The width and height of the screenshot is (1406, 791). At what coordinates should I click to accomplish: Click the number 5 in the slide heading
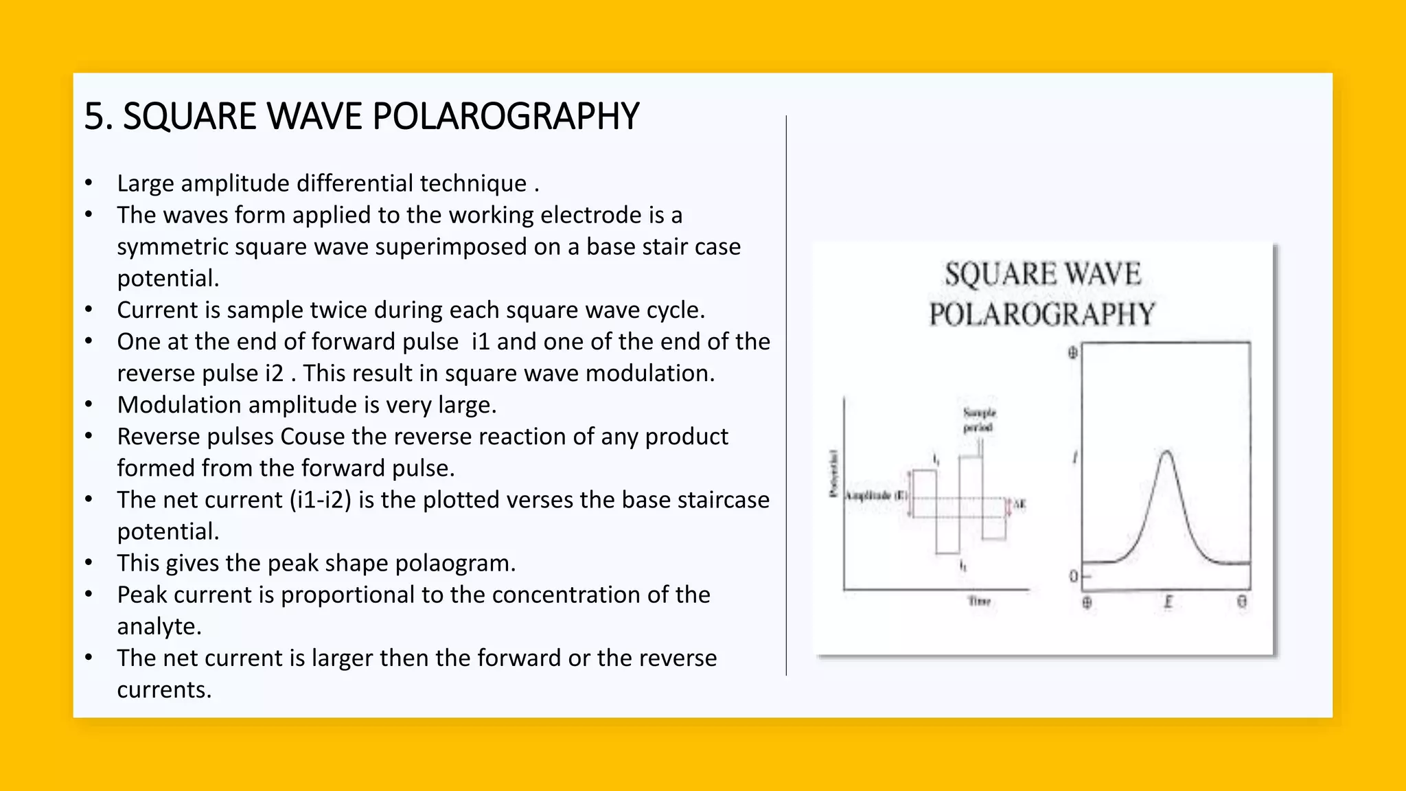[x=94, y=117]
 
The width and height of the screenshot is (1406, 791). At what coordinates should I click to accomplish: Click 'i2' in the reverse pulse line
[x=274, y=374]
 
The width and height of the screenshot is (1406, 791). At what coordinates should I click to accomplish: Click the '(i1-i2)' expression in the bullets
[x=321, y=500]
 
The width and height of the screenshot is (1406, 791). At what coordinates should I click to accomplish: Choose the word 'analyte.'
[x=159, y=626]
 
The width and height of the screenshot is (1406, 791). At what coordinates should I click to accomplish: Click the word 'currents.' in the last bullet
[x=164, y=689]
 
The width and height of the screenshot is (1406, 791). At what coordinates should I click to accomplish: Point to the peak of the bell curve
[x=1166, y=452]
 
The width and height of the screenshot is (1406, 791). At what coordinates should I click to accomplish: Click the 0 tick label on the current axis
[x=1073, y=577]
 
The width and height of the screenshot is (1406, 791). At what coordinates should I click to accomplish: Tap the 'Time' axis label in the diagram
[x=979, y=601]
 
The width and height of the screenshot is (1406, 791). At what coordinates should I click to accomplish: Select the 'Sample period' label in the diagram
[x=979, y=420]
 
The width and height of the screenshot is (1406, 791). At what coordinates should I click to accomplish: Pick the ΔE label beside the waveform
[x=1019, y=505]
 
